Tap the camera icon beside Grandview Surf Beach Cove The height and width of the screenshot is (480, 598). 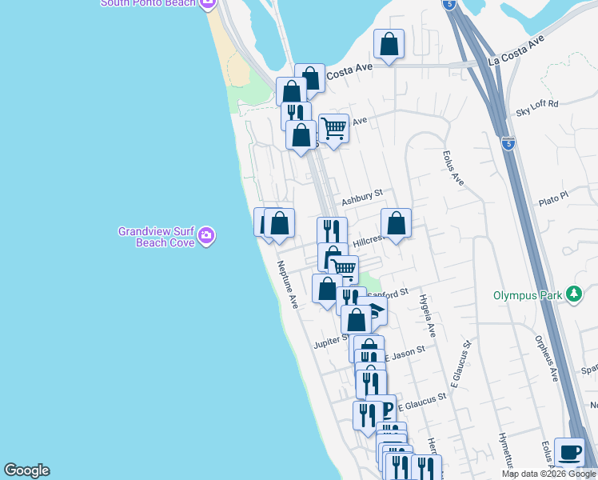(x=206, y=235)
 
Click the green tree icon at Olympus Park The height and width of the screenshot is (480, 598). (x=573, y=294)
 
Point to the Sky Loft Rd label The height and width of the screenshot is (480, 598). (x=536, y=103)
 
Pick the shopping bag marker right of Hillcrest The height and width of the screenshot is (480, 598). (x=396, y=223)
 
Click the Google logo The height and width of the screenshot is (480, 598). (x=26, y=470)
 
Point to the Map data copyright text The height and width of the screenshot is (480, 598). (x=548, y=474)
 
